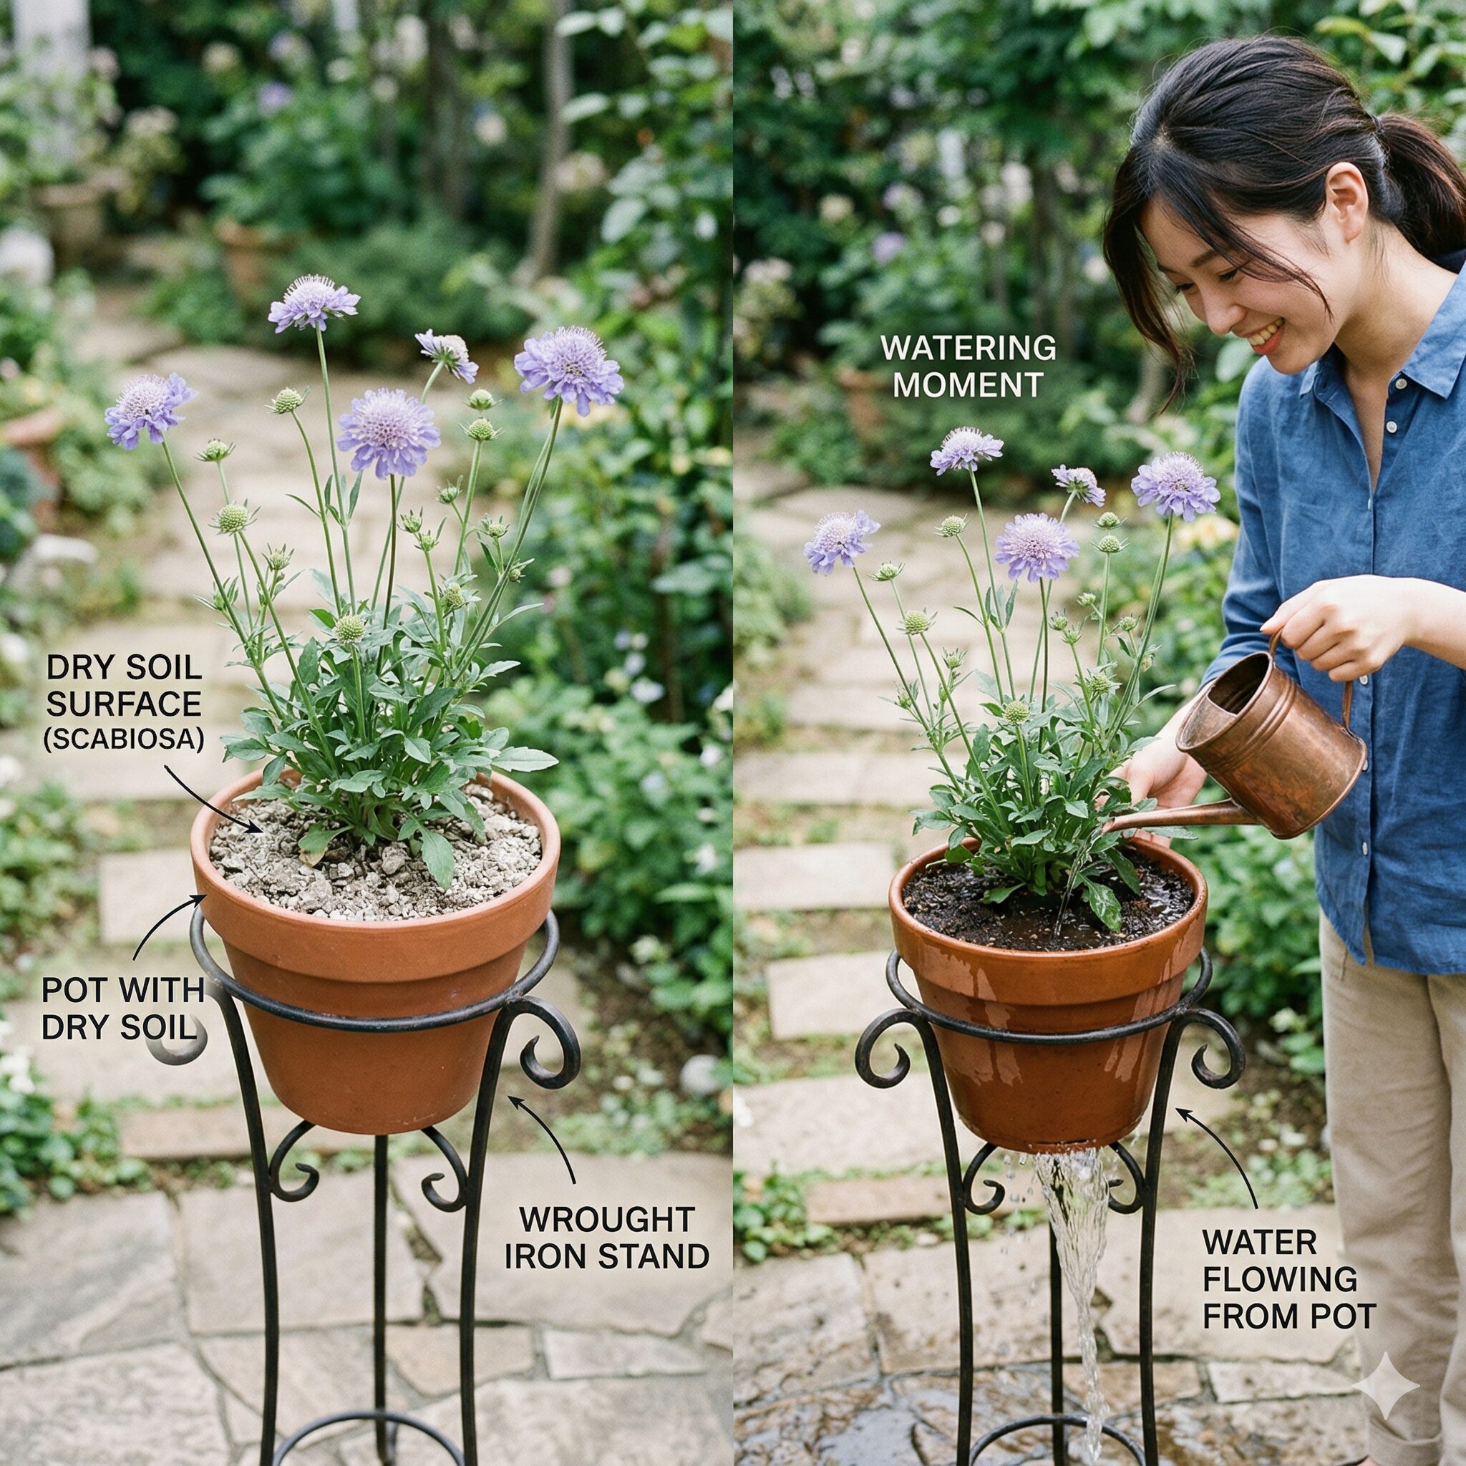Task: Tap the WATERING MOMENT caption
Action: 969,366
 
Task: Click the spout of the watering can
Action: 1173,819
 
